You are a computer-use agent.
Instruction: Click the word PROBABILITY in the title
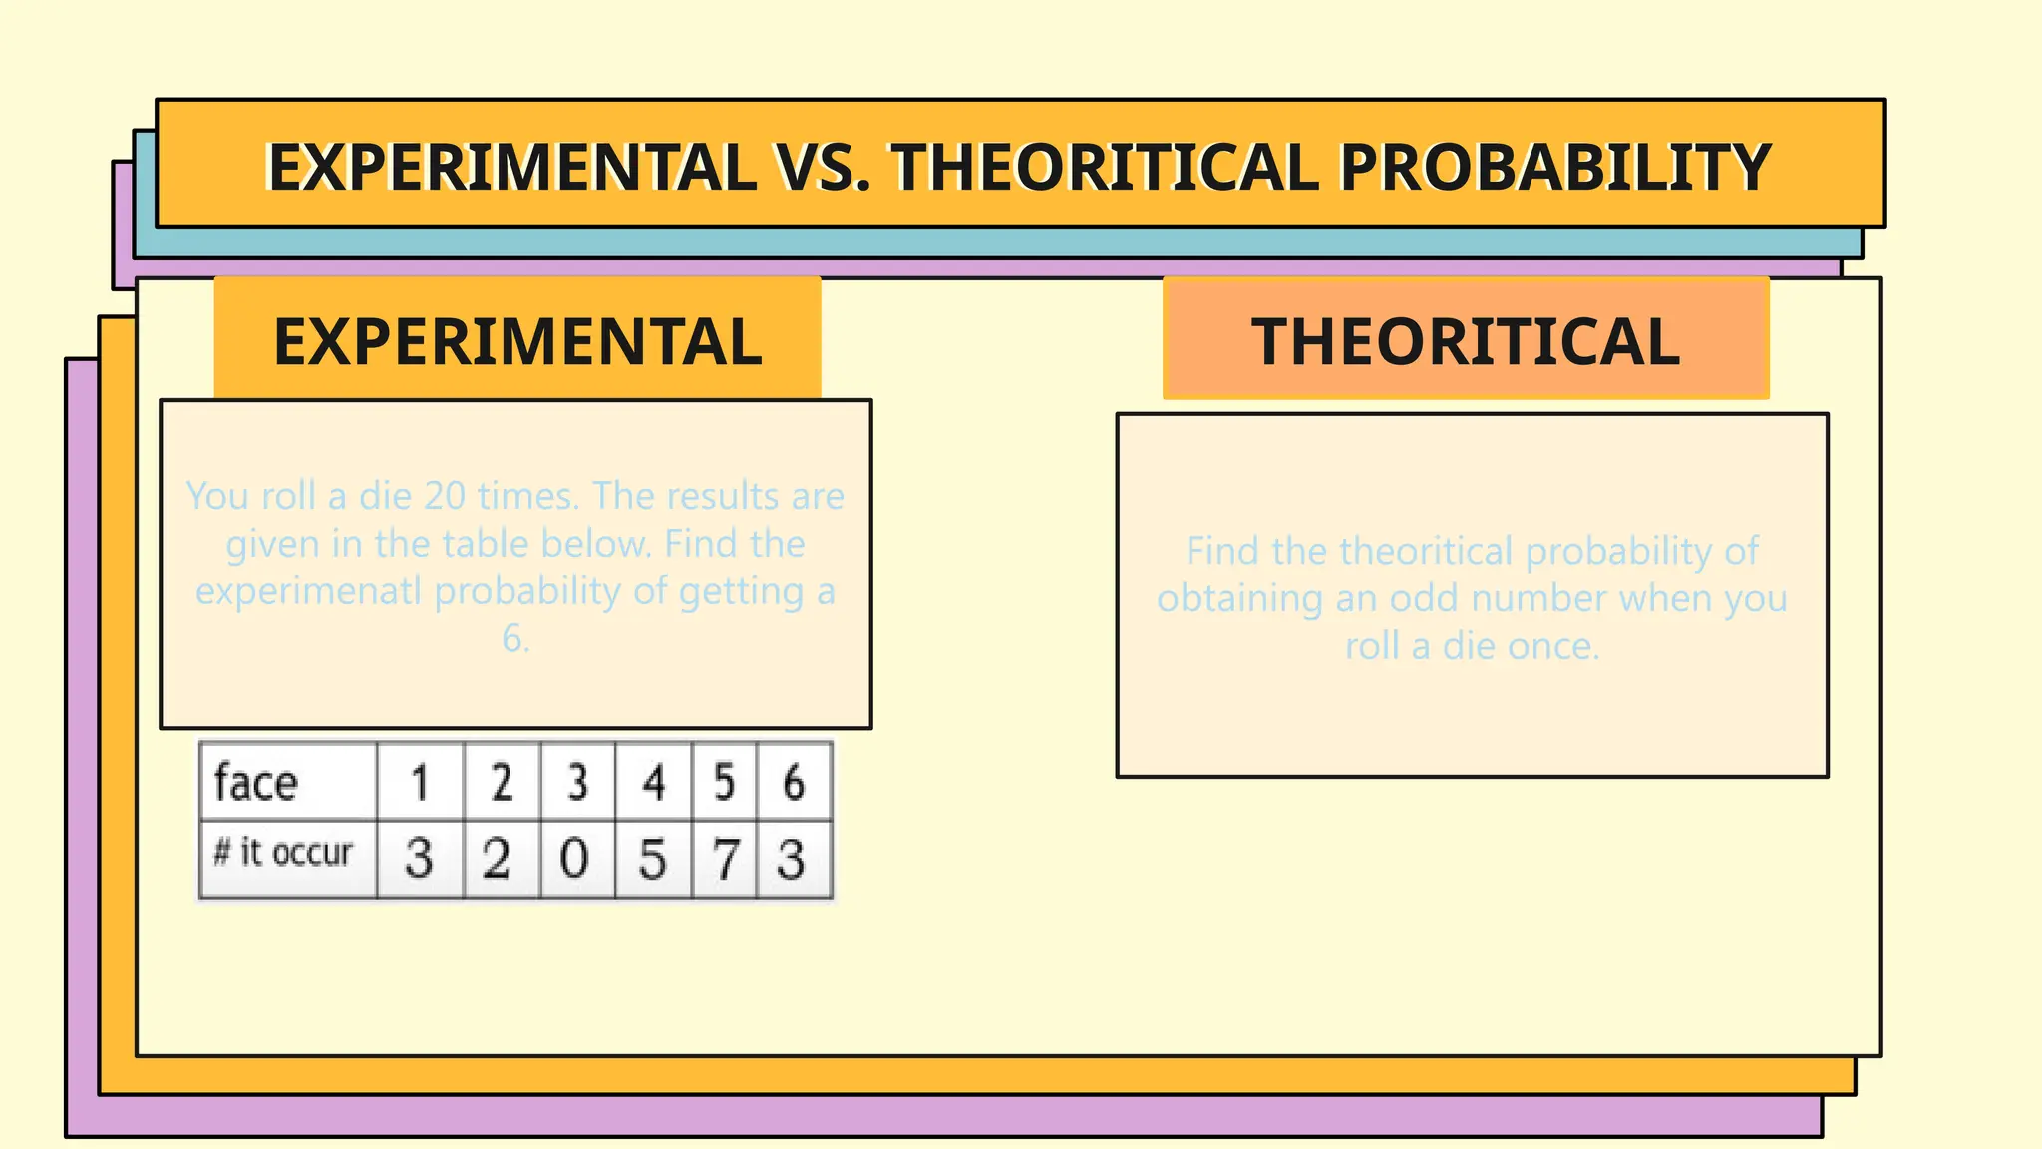1554,167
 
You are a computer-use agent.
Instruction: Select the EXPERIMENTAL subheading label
517,341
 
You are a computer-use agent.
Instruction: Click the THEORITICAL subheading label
1466,341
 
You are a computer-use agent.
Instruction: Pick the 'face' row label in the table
256,782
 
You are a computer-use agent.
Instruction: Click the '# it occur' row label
283,853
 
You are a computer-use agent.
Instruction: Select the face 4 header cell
654,782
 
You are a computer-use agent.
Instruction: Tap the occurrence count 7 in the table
725,859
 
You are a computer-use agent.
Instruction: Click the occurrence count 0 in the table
574,859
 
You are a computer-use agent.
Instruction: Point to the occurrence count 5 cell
652,859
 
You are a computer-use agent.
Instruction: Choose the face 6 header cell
794,782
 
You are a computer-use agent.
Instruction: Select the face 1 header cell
420,782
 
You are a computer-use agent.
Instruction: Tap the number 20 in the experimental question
445,496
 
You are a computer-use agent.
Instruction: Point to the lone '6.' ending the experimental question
515,638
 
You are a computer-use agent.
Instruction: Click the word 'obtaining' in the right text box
1239,598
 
